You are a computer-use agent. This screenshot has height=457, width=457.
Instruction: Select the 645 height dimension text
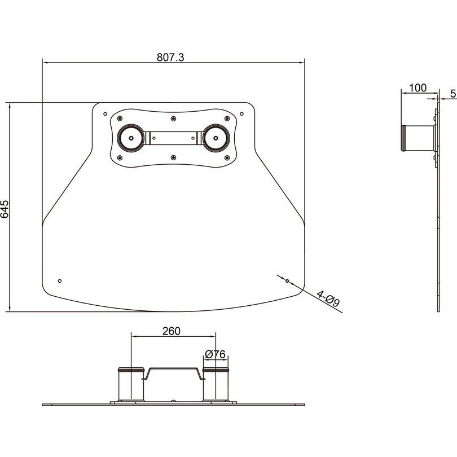point(5,208)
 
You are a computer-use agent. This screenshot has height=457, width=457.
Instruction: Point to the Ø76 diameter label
point(216,354)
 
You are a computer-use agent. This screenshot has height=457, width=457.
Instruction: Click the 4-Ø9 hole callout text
point(328,299)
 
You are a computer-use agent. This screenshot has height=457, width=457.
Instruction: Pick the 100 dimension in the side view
point(418,87)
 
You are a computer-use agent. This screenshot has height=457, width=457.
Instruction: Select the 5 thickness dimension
point(453,94)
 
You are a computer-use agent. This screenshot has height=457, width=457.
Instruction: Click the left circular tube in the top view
point(130,137)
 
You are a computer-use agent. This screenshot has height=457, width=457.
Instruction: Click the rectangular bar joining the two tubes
point(173,137)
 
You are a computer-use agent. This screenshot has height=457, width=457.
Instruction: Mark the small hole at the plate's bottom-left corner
point(60,280)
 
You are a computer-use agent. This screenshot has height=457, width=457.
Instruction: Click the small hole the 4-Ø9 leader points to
point(287,280)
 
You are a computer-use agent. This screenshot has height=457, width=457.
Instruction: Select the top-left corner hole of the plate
point(104,113)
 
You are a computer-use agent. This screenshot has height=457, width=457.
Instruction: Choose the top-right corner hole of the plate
point(241,113)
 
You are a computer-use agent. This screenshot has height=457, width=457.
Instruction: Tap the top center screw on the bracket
point(173,118)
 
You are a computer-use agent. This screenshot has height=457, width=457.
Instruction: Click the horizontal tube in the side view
point(418,138)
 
